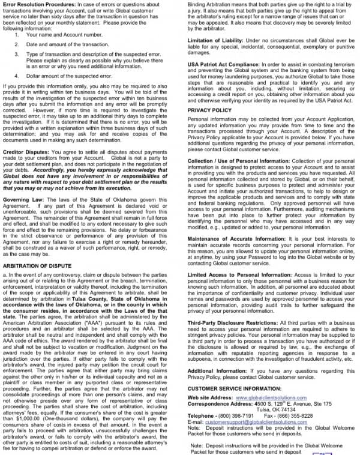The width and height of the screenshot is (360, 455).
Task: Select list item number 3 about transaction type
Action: [x=90, y=57]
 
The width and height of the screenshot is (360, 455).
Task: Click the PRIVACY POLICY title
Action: [x=209, y=110]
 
